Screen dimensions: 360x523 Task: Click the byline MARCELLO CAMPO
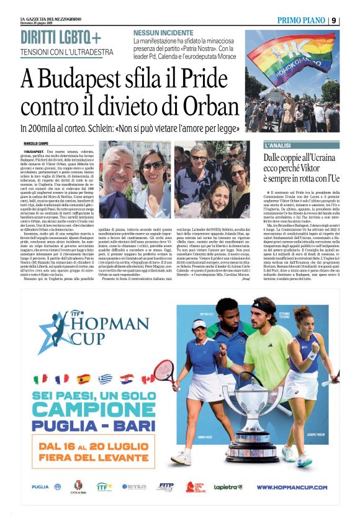coord(36,144)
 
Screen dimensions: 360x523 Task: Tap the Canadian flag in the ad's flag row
coord(147,379)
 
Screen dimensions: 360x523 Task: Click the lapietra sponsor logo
coord(228,487)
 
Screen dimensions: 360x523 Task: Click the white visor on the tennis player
coord(199,323)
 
